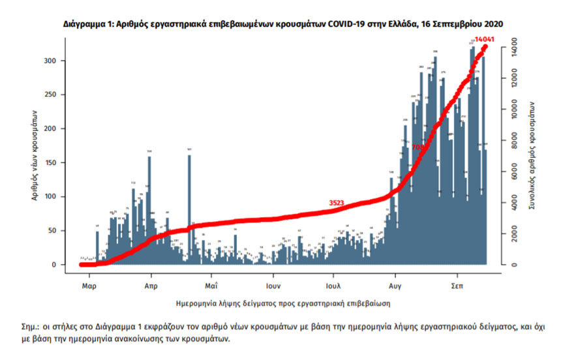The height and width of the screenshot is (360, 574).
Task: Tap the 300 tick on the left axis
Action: tap(57, 61)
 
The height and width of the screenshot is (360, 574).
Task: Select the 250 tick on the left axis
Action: tap(57, 95)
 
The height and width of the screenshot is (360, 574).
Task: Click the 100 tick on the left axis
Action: tap(57, 196)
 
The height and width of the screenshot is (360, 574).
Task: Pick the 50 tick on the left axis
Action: tap(57, 230)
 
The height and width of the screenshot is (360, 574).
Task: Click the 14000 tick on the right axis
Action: tap(515, 48)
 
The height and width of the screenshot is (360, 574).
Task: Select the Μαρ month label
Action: tap(89, 286)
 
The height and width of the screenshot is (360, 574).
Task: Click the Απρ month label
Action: tap(151, 286)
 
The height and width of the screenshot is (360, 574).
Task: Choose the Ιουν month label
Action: tap(273, 286)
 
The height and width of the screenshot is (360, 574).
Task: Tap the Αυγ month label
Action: tap(394, 286)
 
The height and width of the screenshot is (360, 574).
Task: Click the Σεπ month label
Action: tap(457, 286)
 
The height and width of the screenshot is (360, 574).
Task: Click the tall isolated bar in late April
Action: tap(189, 209)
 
